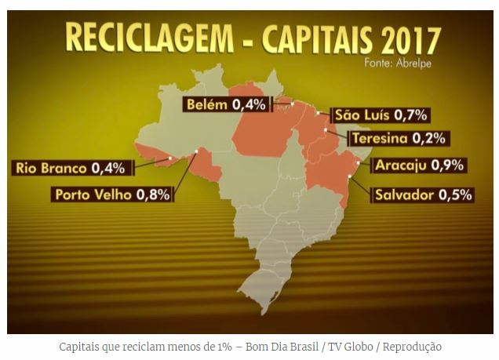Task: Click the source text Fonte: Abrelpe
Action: [x=403, y=61]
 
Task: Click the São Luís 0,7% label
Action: [x=380, y=115]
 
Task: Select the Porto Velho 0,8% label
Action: [x=111, y=194]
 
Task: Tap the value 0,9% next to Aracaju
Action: [x=450, y=165]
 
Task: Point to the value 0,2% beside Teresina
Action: [x=429, y=139]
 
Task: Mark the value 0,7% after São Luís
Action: [x=410, y=115]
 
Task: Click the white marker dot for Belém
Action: [x=291, y=103]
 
